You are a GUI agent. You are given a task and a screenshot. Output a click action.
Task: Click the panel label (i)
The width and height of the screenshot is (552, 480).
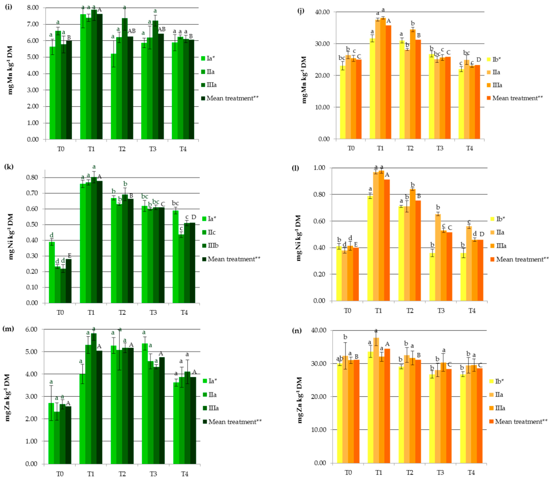[x=9, y=7]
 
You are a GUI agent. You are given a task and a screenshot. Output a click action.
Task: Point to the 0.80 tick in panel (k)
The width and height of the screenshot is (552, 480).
[x=32, y=178]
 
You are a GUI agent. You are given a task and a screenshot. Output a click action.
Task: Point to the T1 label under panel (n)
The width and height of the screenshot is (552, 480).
[x=379, y=472]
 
